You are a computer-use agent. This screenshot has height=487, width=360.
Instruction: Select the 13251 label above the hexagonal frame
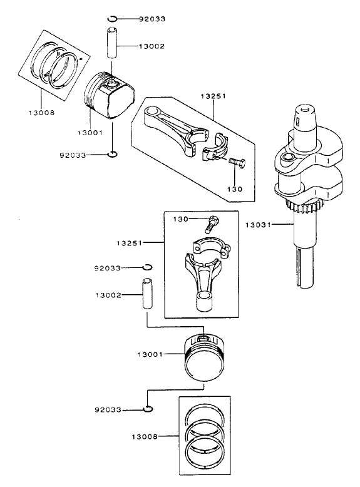pyautogui.click(x=212, y=97)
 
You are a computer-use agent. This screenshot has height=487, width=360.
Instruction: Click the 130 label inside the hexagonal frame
pyautogui.click(x=234, y=188)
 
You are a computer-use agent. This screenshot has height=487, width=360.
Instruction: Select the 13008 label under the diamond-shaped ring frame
pyautogui.click(x=41, y=112)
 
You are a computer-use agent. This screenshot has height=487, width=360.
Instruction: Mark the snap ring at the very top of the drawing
pyautogui.click(x=111, y=18)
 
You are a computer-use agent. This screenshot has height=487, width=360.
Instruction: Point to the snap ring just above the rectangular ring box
pyautogui.click(x=147, y=409)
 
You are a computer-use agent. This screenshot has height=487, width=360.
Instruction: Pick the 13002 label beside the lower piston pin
pyautogui.click(x=109, y=295)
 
